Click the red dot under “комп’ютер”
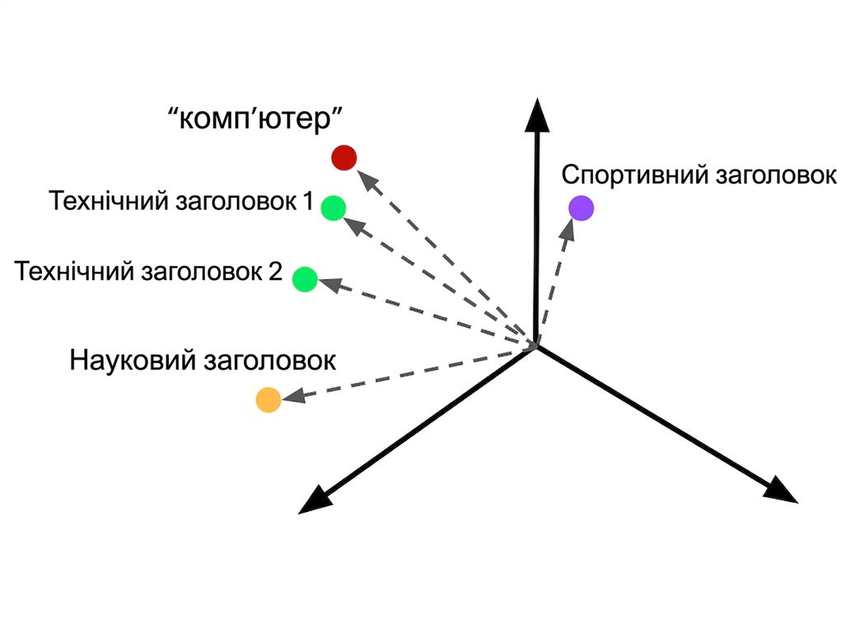click(x=343, y=158)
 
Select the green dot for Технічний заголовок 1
click(x=333, y=208)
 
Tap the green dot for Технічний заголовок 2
click(x=305, y=279)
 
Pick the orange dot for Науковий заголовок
click(x=268, y=400)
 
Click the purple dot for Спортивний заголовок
click(x=581, y=208)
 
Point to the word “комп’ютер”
click(x=255, y=118)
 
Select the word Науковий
click(x=133, y=360)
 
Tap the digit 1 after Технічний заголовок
click(x=308, y=201)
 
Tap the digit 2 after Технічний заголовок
click(x=275, y=271)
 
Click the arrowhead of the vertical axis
click(x=537, y=114)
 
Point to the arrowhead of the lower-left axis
click(x=315, y=501)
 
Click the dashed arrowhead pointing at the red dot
click(x=368, y=179)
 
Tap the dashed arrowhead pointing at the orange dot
click(x=293, y=396)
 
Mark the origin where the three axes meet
click(x=535, y=346)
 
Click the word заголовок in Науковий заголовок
click(x=269, y=361)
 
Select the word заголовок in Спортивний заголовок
click(x=776, y=175)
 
